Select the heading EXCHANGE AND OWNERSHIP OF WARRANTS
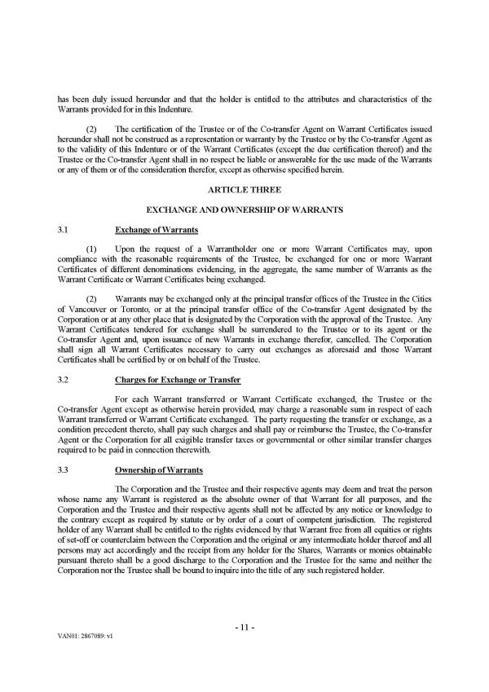pos(244,209)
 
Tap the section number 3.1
pos(62,231)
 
